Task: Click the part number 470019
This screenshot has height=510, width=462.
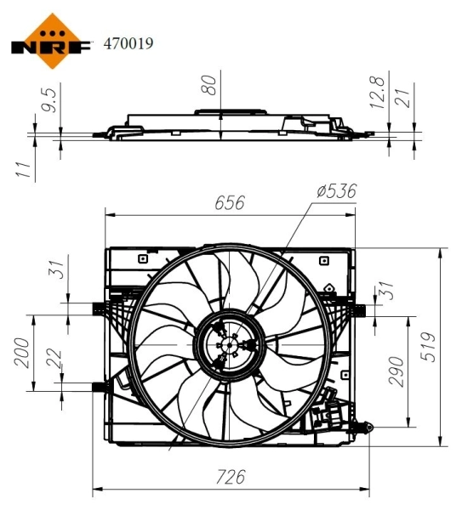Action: click(128, 42)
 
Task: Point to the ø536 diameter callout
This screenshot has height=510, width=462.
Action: click(335, 191)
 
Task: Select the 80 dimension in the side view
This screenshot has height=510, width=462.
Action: click(212, 83)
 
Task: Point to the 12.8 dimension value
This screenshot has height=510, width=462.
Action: click(379, 90)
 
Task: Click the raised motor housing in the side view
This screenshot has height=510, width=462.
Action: click(229, 110)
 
